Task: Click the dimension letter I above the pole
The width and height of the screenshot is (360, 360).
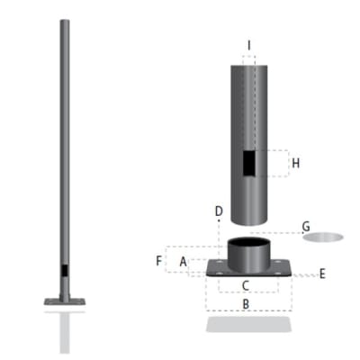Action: coord(249,44)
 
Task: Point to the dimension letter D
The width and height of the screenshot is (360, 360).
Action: coord(219,212)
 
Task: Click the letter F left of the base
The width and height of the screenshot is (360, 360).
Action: coord(158,261)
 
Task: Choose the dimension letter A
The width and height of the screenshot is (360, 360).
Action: coord(183,261)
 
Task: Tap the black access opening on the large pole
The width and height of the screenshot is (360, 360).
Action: coord(248,164)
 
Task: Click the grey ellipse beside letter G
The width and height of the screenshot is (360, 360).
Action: coord(322,238)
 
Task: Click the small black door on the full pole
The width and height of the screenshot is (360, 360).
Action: coord(64,269)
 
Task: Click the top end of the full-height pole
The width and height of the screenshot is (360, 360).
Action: coord(64,22)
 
